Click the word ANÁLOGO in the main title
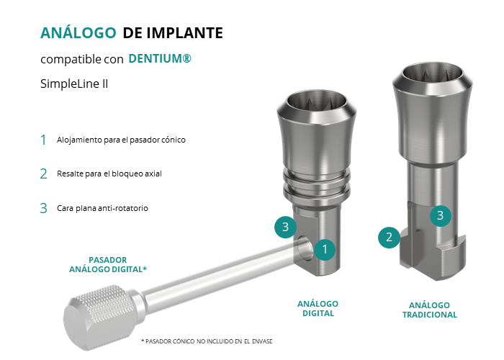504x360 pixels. coord(78,32)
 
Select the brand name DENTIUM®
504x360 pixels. coord(160,58)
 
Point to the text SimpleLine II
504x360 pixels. coord(74,84)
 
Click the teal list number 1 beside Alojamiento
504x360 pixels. coord(43,140)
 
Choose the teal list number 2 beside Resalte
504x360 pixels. coord(43,174)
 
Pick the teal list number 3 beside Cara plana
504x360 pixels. coord(43,208)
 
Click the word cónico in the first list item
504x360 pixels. coord(174,140)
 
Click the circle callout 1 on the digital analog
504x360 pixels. coord(325,249)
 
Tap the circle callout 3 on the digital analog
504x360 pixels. coord(285,227)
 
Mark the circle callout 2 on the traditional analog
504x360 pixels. coord(389,237)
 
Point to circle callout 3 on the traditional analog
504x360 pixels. coord(441,216)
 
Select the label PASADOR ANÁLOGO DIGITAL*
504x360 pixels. coord(108,264)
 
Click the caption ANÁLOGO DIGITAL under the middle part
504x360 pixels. coord(318,309)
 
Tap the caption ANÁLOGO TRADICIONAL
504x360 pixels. coord(430,310)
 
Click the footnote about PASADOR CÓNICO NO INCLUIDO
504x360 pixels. coord(207,341)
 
